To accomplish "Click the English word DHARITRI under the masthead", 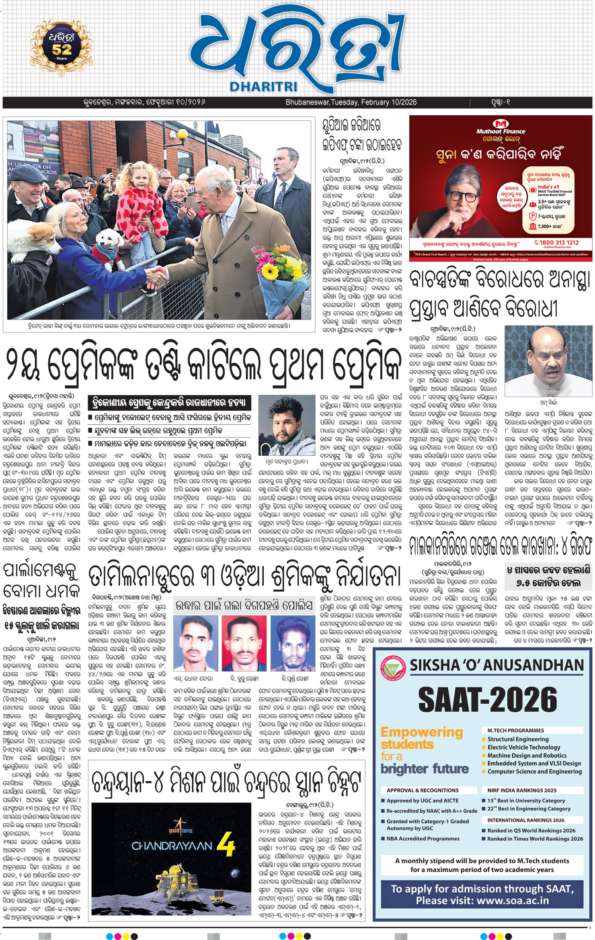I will pos(263,86).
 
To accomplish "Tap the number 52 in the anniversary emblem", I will pos(62,49).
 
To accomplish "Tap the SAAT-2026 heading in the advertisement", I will pos(488,699).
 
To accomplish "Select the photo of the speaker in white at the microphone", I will pos(548,361).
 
